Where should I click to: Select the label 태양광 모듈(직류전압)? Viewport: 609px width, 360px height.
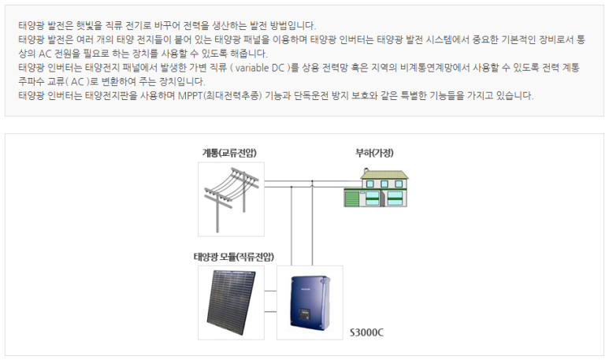coord(234,256)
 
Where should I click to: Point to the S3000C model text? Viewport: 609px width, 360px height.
coord(366,332)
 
